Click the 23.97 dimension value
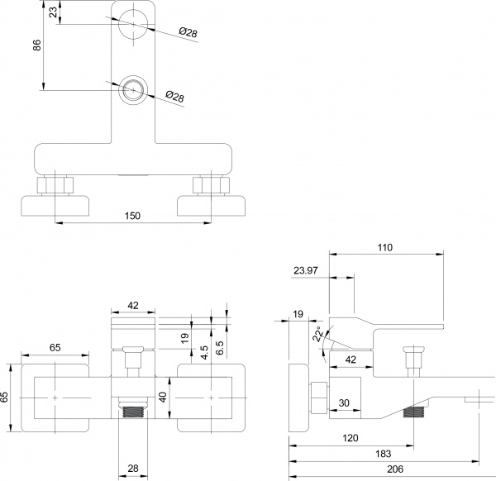point(305,269)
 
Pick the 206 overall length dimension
point(384,468)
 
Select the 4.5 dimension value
point(203,349)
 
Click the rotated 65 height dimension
point(6,398)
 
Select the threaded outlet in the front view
point(133,409)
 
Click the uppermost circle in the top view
point(132,24)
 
